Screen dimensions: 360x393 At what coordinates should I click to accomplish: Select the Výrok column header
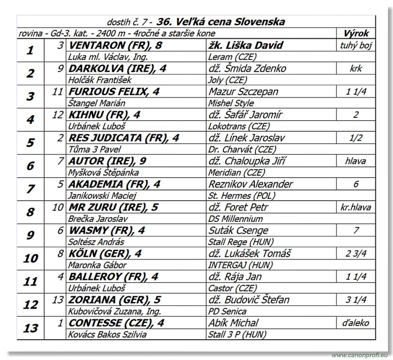click(x=356, y=33)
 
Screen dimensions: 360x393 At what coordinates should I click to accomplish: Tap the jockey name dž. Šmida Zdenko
click(x=247, y=69)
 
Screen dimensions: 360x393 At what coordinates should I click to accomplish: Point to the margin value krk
click(x=356, y=69)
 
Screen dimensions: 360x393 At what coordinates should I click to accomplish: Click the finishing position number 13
click(x=31, y=328)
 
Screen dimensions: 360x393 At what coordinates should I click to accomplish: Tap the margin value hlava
click(x=356, y=161)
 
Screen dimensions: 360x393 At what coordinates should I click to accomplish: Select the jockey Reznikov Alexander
click(x=250, y=184)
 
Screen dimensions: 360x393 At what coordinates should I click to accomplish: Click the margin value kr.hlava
click(x=356, y=207)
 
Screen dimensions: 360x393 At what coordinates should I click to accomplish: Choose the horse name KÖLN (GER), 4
click(x=105, y=253)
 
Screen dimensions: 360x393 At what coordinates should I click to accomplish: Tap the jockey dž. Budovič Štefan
click(x=249, y=299)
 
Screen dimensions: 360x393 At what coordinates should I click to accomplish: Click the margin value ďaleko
click(x=356, y=323)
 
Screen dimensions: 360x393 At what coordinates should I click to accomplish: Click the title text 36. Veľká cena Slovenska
click(x=221, y=22)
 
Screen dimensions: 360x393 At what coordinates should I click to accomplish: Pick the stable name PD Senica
click(x=227, y=311)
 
